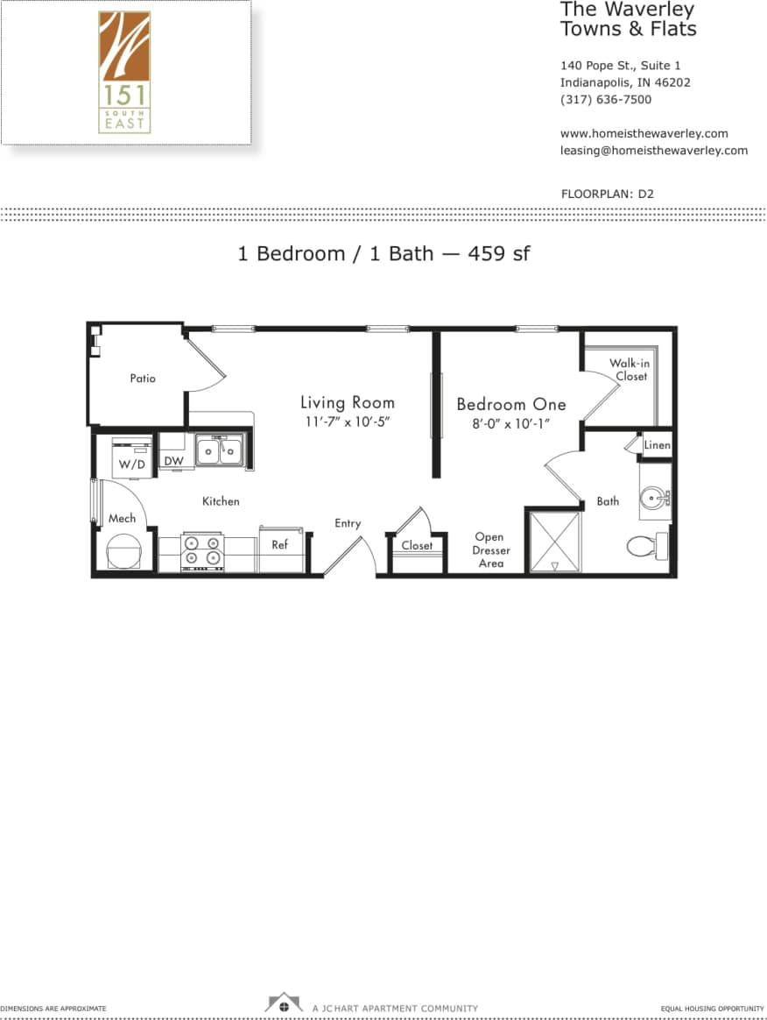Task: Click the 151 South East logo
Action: coord(124,72)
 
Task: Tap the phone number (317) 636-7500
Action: coord(605,100)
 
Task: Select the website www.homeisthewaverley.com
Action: coord(644,134)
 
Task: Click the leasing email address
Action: coord(653,151)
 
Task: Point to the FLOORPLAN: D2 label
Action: coord(607,194)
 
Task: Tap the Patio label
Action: coord(143,379)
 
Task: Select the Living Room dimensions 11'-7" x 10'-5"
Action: coord(348,422)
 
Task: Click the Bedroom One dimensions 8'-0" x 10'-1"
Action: coord(511,424)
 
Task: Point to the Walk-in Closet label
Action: coord(630,370)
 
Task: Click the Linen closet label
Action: coord(657,445)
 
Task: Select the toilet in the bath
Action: coord(644,546)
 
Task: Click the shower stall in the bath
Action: coord(554,542)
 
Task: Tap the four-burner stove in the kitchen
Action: coord(202,553)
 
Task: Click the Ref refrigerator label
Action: coord(279,545)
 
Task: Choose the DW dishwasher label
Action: coord(173,461)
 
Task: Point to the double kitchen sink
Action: coord(220,451)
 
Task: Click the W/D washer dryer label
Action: coord(131,464)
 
